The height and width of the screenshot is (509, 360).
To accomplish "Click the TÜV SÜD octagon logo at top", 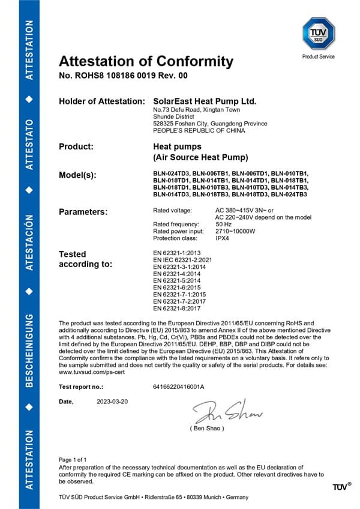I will tap(318, 34).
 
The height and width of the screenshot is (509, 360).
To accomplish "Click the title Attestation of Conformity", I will tap(146, 61).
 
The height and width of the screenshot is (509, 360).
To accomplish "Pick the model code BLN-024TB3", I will tap(289, 194).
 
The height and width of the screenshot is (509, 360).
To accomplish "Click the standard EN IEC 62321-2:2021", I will tap(183, 259).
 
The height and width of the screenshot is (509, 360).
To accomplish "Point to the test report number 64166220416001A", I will tap(179, 387).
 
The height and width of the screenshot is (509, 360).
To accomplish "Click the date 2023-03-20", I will tap(112, 401).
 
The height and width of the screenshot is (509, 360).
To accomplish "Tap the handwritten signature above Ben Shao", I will tap(227, 412).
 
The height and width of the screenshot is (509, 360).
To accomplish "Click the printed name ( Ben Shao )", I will tap(207, 429).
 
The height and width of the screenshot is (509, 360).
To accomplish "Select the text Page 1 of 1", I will tap(73, 459).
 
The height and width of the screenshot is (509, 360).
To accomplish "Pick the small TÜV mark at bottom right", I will tap(341, 486).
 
